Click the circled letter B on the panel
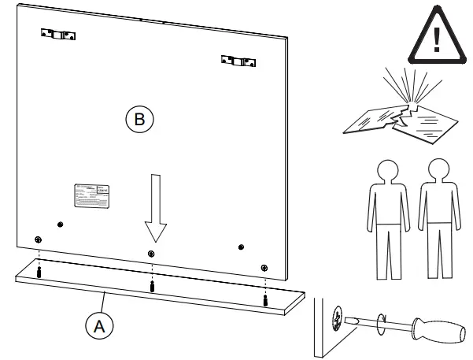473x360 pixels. pos(139,120)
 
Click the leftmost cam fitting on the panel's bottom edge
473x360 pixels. pos(38,239)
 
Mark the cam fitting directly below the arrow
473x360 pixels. pos(151,253)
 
